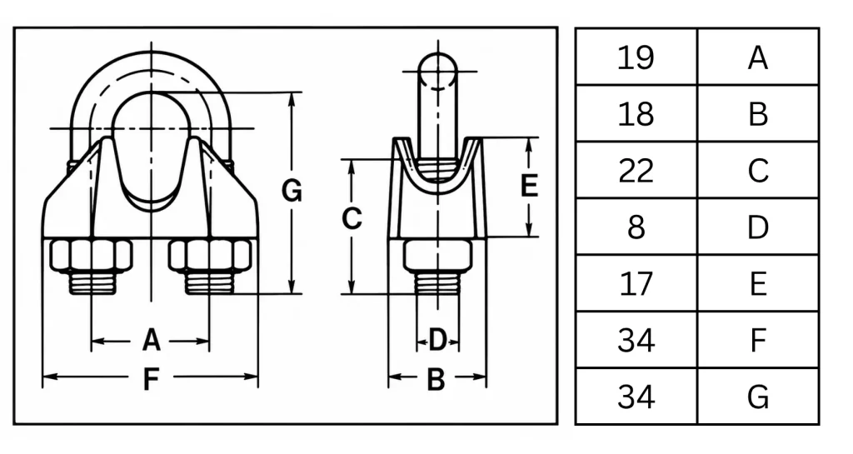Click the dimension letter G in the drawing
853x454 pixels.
(x=292, y=191)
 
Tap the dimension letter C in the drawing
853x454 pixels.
(x=352, y=218)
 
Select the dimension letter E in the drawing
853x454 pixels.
(x=529, y=186)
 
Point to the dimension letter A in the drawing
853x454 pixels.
(x=152, y=341)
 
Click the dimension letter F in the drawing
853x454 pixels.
(x=151, y=379)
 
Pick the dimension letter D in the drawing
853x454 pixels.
(x=437, y=341)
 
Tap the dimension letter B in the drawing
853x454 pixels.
(x=436, y=380)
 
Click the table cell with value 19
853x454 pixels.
(x=636, y=57)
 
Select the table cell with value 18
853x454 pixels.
(x=636, y=113)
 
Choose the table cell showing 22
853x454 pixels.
(x=636, y=170)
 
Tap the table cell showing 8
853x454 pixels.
(x=636, y=227)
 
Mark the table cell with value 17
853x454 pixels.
(x=636, y=283)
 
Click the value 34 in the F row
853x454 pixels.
(x=636, y=340)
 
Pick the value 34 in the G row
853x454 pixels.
(x=636, y=397)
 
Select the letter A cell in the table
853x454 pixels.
(x=758, y=57)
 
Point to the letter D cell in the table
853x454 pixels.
(x=758, y=227)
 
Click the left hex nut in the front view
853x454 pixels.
(x=92, y=255)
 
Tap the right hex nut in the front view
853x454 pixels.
(x=210, y=255)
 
